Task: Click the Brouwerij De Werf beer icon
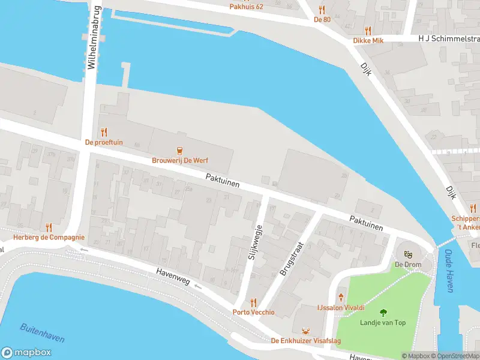pos(179,150)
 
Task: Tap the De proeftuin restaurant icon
pos(104,132)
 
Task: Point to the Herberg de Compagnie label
pos(49,238)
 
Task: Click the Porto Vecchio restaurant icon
pos(254,302)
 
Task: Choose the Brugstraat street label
pos(292,259)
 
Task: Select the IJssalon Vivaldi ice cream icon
pos(341,297)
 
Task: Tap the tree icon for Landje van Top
pos(383,312)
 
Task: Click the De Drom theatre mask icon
pos(408,254)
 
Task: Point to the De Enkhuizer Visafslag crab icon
pos(307,331)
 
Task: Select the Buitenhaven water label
pos(42,332)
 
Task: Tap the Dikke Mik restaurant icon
pos(368,30)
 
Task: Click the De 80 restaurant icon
pos(322,10)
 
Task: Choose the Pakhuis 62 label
pos(247,7)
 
